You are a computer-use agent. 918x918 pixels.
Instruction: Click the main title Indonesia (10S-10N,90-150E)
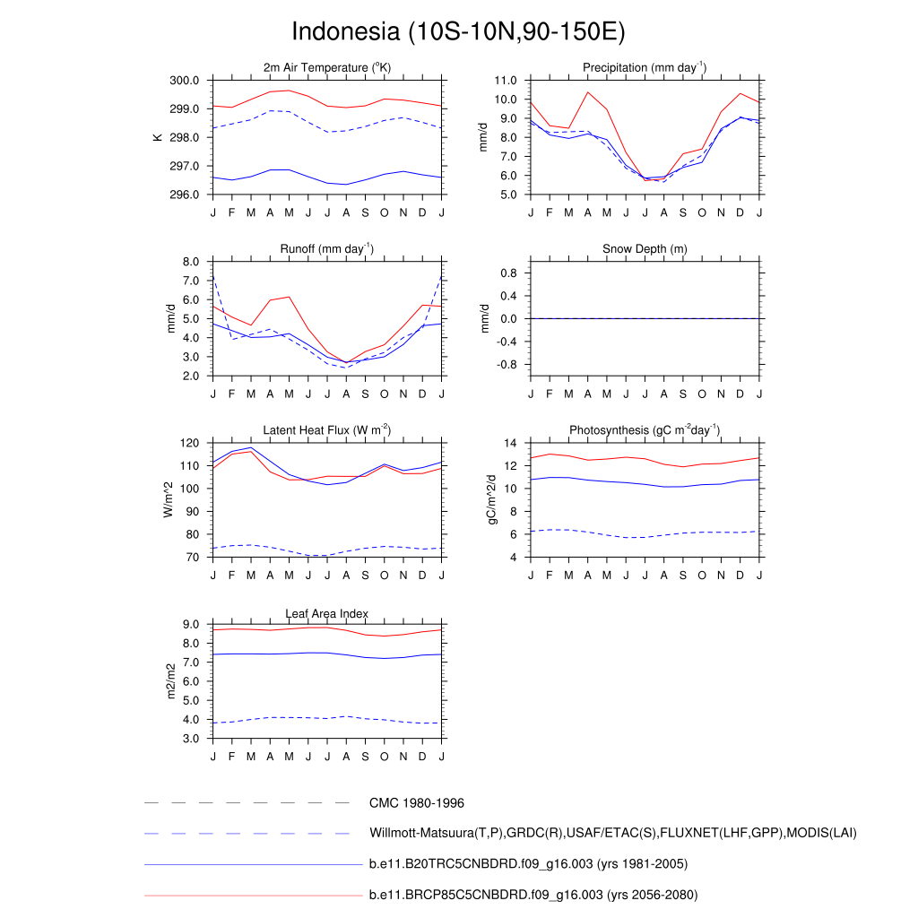458,31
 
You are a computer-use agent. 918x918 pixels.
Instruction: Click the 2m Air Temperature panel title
327,68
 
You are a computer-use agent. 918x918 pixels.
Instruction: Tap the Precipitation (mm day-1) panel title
645,68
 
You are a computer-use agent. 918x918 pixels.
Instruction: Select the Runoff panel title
327,248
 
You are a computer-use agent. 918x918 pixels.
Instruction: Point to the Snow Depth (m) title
645,248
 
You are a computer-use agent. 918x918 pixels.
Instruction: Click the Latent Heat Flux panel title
327,430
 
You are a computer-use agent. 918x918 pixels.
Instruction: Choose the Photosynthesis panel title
645,430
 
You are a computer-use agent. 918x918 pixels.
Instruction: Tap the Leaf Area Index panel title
327,613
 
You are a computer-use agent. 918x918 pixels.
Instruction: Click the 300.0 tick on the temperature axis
186,81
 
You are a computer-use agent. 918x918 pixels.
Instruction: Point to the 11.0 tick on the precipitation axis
505,81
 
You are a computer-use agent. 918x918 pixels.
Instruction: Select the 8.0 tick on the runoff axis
192,262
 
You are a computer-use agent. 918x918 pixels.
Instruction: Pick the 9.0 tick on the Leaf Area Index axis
192,625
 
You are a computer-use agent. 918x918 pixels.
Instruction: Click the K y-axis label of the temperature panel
159,137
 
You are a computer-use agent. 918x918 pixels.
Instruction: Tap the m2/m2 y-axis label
171,681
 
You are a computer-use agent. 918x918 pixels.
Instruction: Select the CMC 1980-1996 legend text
416,803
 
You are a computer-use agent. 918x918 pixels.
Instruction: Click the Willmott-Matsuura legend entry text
612,834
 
